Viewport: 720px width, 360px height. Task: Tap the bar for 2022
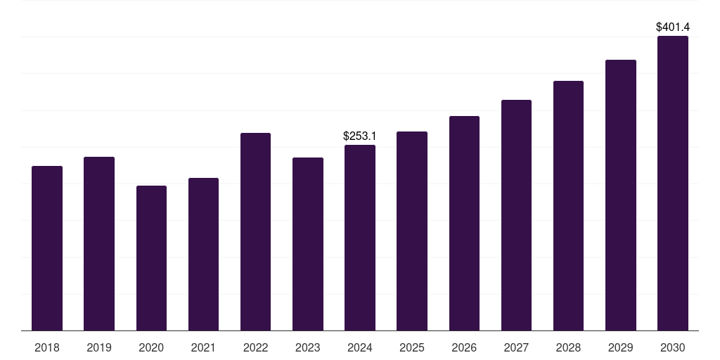255,231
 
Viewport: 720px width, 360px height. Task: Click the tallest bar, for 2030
673,183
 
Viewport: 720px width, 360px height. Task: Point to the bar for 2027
516,215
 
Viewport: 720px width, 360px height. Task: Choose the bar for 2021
203,254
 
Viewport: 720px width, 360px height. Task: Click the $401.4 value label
673,27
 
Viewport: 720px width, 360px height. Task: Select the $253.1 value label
360,136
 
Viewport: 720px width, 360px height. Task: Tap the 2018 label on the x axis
47,348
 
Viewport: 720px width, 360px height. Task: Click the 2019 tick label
99,348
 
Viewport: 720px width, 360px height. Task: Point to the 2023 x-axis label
308,348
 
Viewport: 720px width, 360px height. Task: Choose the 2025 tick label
412,348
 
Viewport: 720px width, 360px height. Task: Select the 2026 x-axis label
464,348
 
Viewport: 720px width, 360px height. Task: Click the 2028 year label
568,348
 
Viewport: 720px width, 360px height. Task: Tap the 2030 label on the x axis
673,348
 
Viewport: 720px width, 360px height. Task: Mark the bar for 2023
308,244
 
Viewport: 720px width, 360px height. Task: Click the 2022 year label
255,348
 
